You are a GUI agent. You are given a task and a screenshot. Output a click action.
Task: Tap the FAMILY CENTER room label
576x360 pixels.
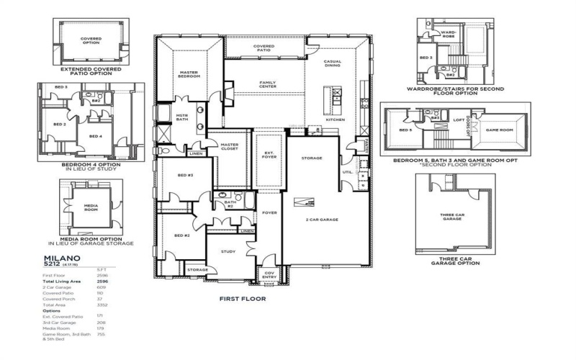pos(268,84)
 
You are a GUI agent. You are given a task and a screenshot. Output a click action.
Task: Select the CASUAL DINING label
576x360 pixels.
pos(333,63)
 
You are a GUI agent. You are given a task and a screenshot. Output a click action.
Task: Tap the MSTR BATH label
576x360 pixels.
pos(182,117)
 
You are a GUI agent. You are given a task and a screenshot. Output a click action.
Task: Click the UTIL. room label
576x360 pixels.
pos(346,172)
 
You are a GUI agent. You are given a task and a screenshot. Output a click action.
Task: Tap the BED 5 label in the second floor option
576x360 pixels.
pos(405,130)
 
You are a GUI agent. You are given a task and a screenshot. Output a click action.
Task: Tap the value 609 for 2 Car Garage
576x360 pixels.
pos(101,287)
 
